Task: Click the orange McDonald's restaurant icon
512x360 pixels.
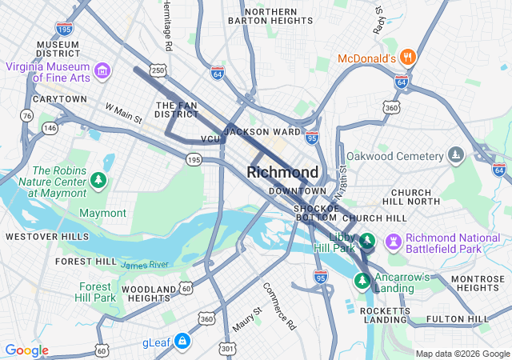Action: (x=409, y=58)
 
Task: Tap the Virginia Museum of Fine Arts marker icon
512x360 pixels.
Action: (x=102, y=72)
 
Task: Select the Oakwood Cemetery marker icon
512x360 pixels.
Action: (x=455, y=154)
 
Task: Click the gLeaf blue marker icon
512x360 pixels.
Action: (x=182, y=342)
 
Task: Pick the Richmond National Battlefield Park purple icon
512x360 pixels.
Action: (x=393, y=241)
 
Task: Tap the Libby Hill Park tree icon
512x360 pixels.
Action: (x=366, y=241)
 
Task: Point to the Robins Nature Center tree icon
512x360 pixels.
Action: (x=98, y=180)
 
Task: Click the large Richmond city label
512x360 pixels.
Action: (x=282, y=172)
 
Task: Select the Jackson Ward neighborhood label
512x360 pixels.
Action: (x=262, y=131)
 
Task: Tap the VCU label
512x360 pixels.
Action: (x=210, y=139)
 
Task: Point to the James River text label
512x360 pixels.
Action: (x=145, y=264)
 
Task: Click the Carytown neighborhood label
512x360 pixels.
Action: (x=59, y=99)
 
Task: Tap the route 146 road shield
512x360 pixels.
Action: (x=50, y=127)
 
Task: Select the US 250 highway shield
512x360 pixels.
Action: (x=158, y=71)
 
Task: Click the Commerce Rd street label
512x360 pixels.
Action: (x=279, y=306)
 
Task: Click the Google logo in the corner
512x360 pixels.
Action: (x=27, y=350)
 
